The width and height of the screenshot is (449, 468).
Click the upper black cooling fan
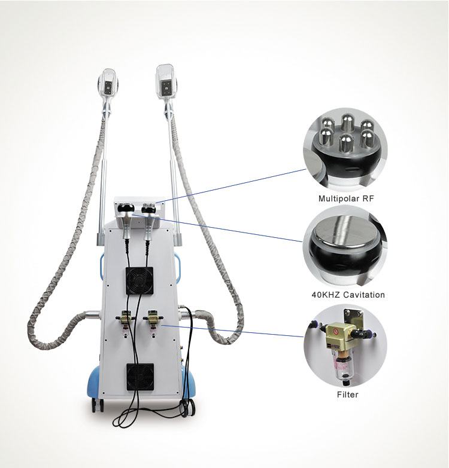(139, 280)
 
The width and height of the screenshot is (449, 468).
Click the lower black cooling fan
(140, 377)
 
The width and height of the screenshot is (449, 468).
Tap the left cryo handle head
(108, 83)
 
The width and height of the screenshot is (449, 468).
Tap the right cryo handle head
(166, 81)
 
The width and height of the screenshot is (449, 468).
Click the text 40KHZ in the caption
(326, 295)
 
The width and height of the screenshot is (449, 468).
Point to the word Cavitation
(364, 295)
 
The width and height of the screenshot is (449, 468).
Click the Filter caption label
(347, 394)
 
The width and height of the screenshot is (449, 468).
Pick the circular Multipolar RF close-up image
(345, 150)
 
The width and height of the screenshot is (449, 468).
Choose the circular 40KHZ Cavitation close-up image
(345, 246)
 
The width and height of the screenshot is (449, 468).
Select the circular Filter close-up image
(345, 345)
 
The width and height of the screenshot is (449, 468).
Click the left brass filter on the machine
(126, 318)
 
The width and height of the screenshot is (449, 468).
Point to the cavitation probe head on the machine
(126, 208)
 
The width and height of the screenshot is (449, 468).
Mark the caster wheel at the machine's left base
(98, 405)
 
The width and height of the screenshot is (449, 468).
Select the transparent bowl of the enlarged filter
(343, 368)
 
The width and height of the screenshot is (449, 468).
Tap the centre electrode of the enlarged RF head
(346, 142)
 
